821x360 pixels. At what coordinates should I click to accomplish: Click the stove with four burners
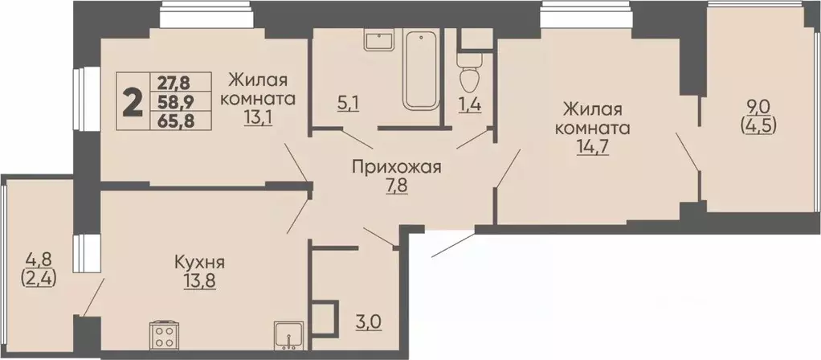tap(165, 333)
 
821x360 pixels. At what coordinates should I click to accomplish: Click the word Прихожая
tap(397, 167)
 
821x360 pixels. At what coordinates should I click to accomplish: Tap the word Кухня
tap(198, 263)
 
